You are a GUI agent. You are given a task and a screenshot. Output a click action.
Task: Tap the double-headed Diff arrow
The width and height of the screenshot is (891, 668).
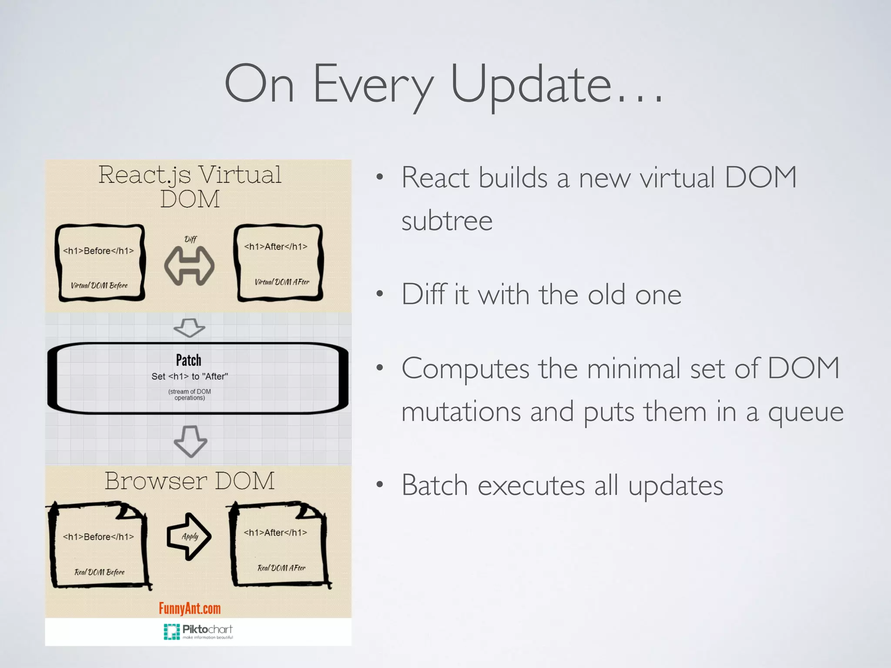click(x=189, y=266)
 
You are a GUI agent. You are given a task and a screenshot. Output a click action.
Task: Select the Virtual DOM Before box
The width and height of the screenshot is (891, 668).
click(x=100, y=263)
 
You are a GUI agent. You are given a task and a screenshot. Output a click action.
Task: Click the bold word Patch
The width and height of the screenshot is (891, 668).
click(x=188, y=360)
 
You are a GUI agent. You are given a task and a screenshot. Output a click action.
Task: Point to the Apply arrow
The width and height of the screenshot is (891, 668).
click(x=189, y=537)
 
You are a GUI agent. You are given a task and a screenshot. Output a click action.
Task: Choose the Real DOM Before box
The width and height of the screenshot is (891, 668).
click(x=99, y=546)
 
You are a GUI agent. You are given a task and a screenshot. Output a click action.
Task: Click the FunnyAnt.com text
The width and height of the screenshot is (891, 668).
click(x=190, y=608)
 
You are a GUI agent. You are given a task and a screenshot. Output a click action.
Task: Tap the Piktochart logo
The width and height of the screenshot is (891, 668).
click(x=198, y=631)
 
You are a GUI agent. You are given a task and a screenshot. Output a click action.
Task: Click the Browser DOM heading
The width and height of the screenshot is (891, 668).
click(x=190, y=481)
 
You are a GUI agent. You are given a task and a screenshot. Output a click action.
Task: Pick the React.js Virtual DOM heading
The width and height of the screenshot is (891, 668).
click(x=190, y=187)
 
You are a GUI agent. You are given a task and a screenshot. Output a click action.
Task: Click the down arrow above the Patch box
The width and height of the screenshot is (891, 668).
click(x=189, y=327)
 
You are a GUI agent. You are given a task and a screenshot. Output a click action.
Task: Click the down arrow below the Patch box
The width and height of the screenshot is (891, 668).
click(x=190, y=441)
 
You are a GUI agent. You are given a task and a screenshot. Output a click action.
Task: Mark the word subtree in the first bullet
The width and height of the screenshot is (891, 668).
click(x=447, y=221)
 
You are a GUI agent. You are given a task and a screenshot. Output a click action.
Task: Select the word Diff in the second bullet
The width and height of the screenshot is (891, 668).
click(x=423, y=294)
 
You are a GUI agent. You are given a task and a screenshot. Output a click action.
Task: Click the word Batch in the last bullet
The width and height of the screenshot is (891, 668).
click(x=434, y=485)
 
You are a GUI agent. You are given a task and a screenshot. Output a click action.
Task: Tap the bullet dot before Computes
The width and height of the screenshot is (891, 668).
click(x=380, y=368)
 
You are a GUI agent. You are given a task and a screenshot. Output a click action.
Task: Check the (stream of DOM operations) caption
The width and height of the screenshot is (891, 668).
click(x=190, y=394)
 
